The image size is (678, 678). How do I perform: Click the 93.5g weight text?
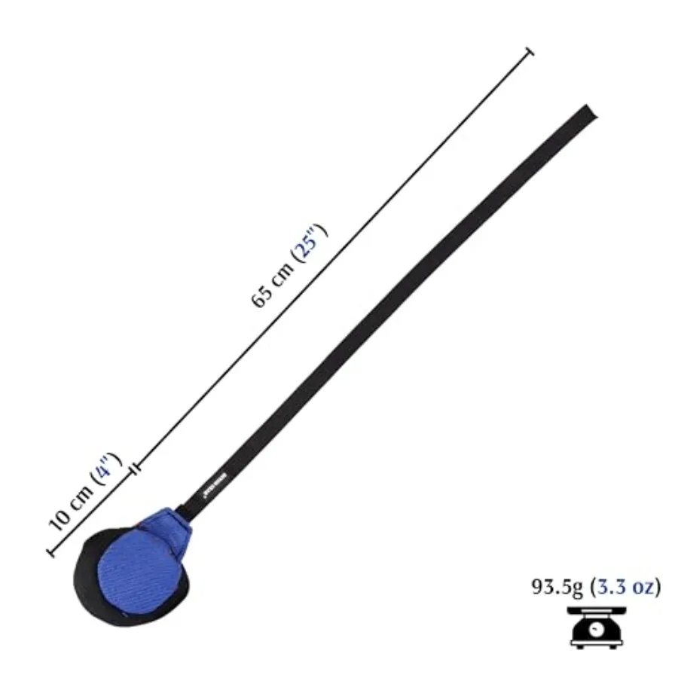pos(558,587)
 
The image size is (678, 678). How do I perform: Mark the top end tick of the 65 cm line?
pos(530,52)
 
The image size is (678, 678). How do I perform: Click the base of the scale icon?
pos(597,644)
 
